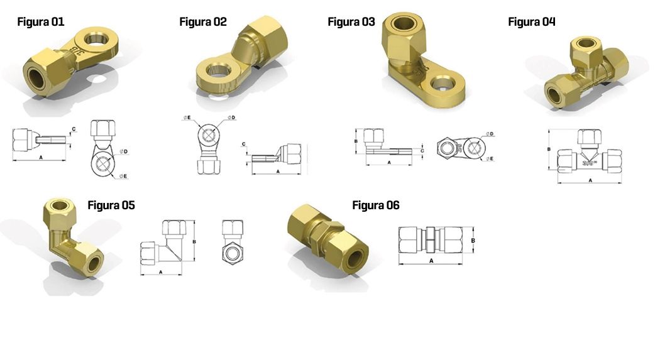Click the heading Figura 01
pyautogui.click(x=41, y=22)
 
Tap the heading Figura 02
pyautogui.click(x=203, y=22)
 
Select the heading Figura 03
pyautogui.click(x=351, y=22)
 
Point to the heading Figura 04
pyautogui.click(x=532, y=22)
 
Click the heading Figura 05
pyautogui.click(x=111, y=205)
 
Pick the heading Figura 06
pyautogui.click(x=376, y=205)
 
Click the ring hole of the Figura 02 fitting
pyautogui.click(x=218, y=70)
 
